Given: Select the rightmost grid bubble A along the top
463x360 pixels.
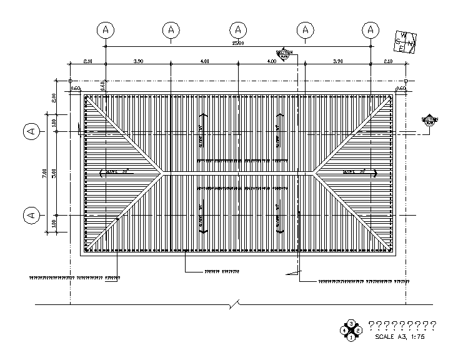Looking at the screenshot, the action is pyautogui.click(x=371, y=29).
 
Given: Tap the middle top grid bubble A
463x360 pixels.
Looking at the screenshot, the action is pyautogui.click(x=239, y=29).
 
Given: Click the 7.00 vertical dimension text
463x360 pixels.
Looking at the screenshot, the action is pyautogui.click(x=45, y=173).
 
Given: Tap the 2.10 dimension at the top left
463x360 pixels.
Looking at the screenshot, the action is pyautogui.click(x=87, y=61).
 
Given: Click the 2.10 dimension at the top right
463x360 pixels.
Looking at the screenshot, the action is pyautogui.click(x=388, y=61).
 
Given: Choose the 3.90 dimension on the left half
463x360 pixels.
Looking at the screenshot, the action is pyautogui.click(x=138, y=61).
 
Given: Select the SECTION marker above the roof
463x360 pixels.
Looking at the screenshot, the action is pyautogui.click(x=284, y=54).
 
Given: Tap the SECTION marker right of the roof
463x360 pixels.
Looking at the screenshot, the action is pyautogui.click(x=429, y=121).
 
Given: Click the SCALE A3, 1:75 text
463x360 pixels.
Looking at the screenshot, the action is pyautogui.click(x=399, y=336).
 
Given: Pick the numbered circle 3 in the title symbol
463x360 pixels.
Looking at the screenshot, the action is pyautogui.click(x=352, y=323).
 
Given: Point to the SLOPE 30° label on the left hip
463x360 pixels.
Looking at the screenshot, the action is pyautogui.click(x=116, y=171).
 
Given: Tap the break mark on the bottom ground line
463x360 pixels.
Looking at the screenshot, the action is pyautogui.click(x=232, y=304).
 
